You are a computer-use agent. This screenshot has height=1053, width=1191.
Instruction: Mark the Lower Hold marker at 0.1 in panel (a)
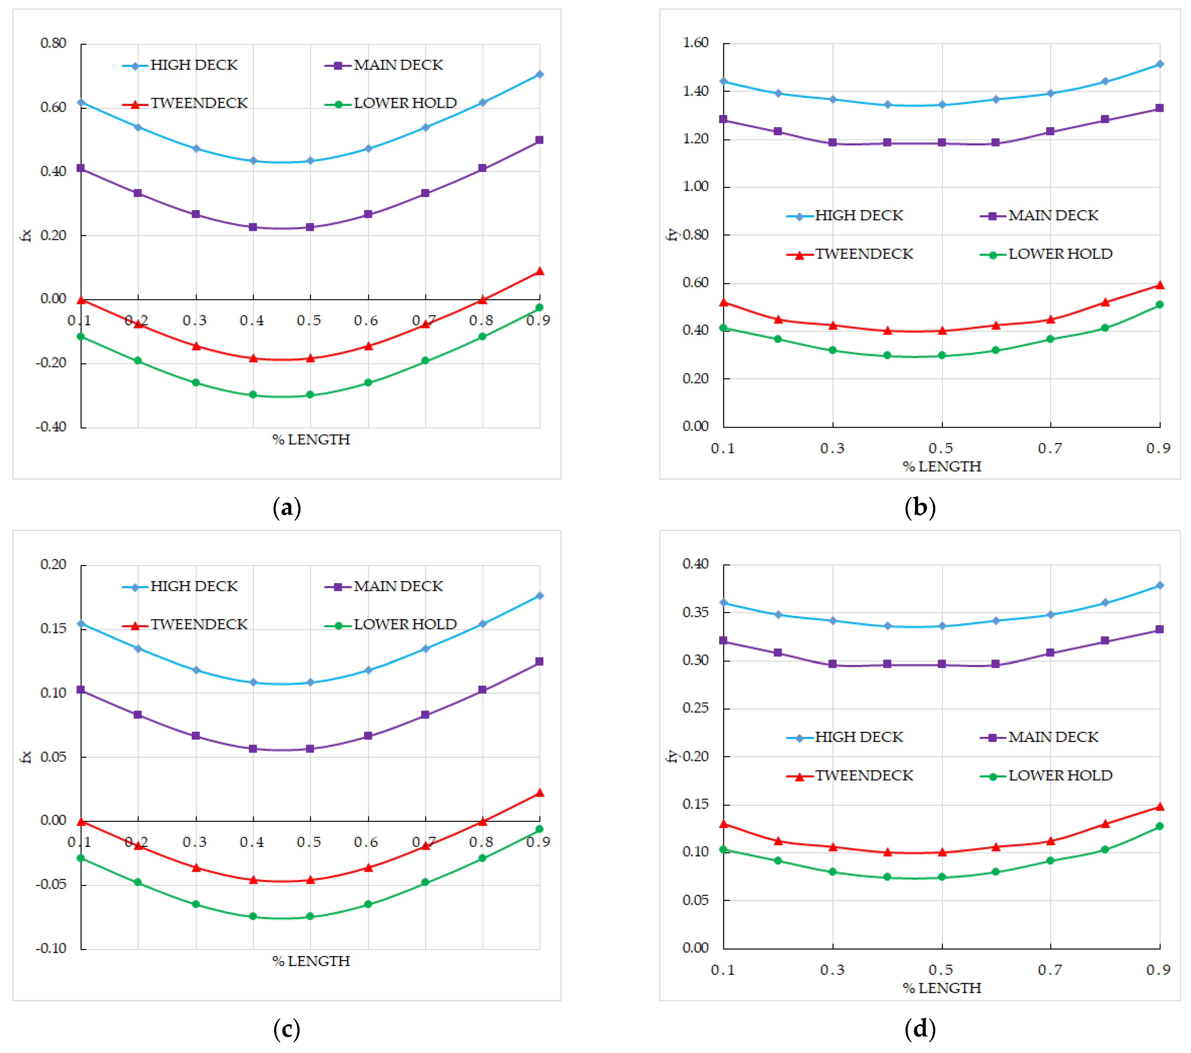point(81,337)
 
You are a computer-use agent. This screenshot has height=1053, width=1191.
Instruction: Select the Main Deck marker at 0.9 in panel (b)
point(1159,108)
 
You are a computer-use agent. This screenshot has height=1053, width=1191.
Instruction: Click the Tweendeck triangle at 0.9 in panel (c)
point(540,793)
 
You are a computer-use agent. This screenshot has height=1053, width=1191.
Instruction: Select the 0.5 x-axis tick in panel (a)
point(309,320)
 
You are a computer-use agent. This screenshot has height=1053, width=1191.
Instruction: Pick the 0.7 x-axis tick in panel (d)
point(1050,970)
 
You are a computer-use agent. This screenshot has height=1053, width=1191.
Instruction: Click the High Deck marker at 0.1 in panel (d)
point(724,603)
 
